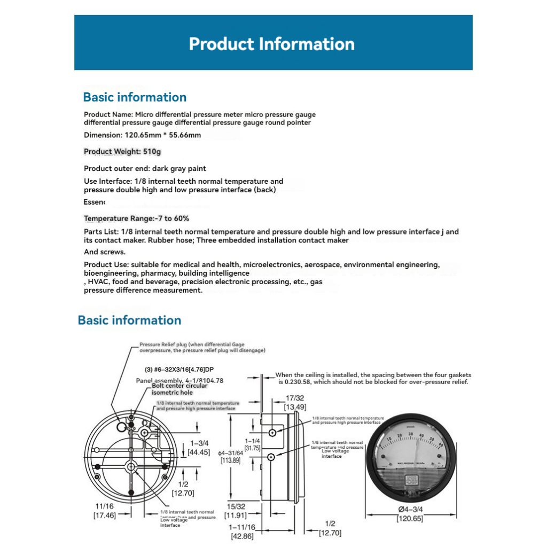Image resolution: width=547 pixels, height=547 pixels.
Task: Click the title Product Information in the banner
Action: (272, 44)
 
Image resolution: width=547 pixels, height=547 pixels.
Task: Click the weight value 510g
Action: (152, 152)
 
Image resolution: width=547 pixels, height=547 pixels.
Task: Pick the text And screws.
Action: (105, 252)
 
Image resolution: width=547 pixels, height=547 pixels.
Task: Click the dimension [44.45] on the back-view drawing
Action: (200, 452)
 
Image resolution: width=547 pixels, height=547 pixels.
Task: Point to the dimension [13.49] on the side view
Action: (294, 407)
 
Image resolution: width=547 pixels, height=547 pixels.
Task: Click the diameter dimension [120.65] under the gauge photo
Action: (410, 519)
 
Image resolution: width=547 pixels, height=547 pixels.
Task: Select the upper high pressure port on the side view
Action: (272, 432)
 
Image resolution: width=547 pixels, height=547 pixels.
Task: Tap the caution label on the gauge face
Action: (411, 479)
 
